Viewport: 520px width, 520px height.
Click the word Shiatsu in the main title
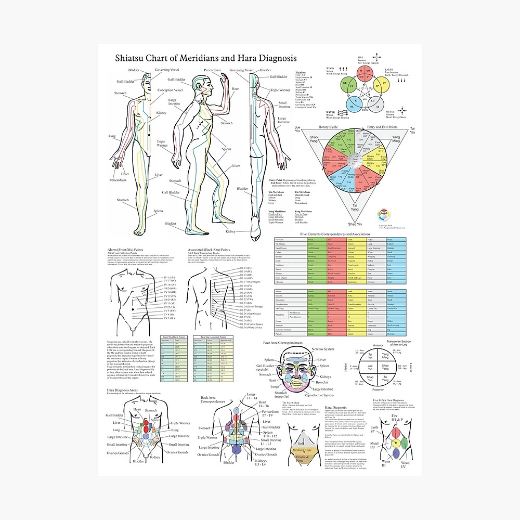pyautogui.click(x=131, y=58)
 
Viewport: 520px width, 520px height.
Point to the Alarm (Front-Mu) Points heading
pyautogui.click(x=128, y=250)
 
